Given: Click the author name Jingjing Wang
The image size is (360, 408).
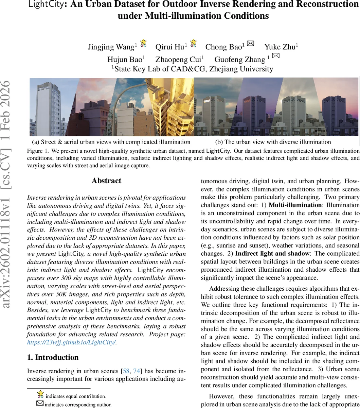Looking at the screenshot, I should pyautogui.click(x=111, y=47).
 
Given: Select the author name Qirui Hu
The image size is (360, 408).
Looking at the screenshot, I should pyautogui.click(x=169, y=47).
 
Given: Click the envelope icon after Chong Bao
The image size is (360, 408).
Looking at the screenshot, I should pyautogui.click(x=250, y=43).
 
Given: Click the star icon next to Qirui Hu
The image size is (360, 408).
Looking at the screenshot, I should pyautogui.click(x=193, y=43).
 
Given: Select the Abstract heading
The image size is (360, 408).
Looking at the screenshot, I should pyautogui.click(x=106, y=181).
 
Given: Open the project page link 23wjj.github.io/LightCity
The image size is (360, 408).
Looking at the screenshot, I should pyautogui.click(x=71, y=343).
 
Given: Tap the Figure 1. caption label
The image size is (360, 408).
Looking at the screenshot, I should pyautogui.click(x=38, y=150).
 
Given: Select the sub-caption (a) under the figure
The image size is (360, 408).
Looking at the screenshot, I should pyautogui.click(x=111, y=142).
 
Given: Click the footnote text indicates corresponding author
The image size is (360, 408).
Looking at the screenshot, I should pyautogui.click(x=78, y=405).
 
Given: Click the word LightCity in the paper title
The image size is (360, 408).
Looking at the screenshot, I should pyautogui.click(x=44, y=5).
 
